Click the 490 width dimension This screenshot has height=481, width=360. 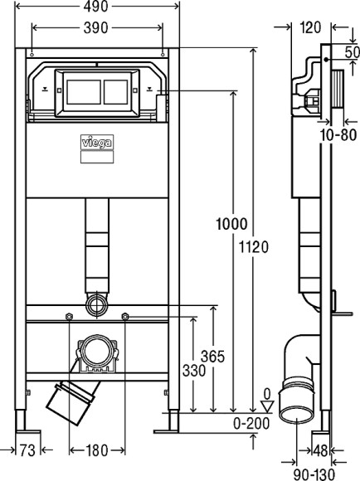click(105, 7)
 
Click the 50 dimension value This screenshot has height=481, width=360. click(352, 51)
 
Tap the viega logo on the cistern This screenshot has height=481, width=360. click(100, 141)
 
